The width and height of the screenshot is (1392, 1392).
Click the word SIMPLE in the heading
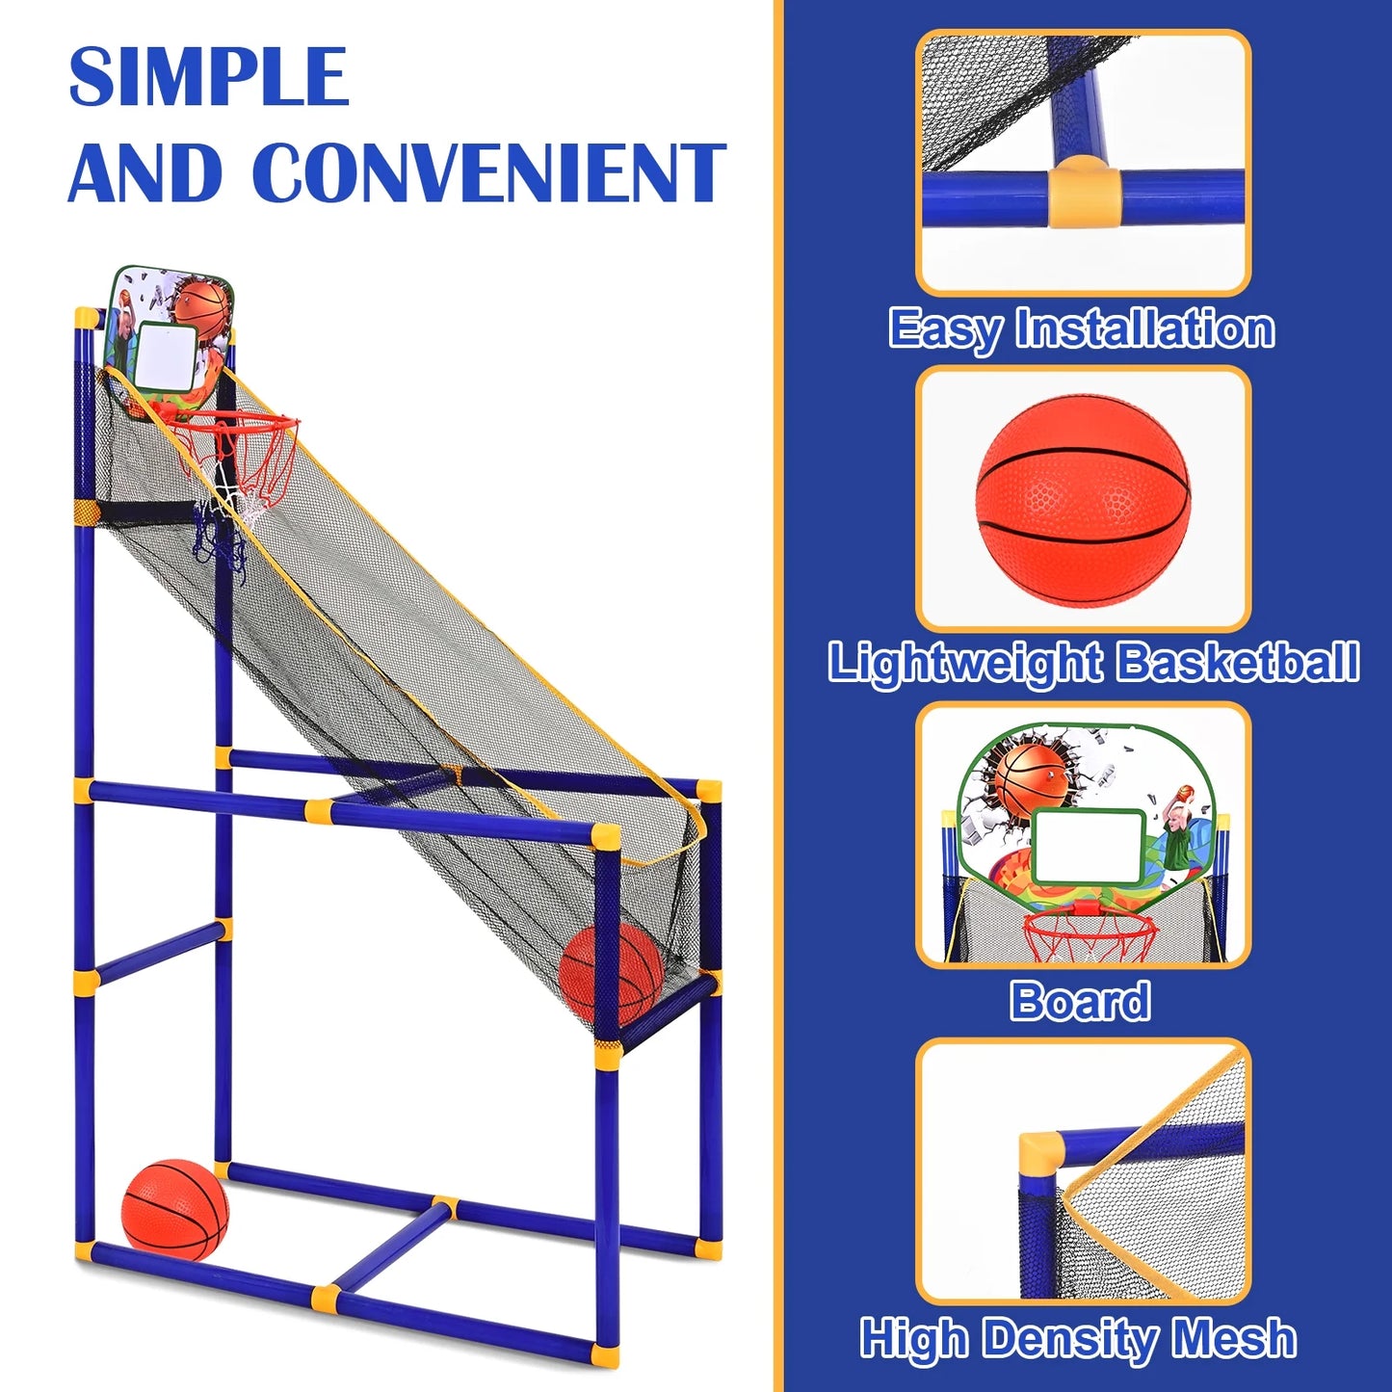pos(208,77)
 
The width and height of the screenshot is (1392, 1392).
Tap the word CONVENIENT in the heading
pos(494,173)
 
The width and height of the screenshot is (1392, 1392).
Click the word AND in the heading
pos(144,173)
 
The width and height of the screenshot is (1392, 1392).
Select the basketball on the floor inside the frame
pos(175,1209)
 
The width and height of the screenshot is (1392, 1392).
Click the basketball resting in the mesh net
pos(611,973)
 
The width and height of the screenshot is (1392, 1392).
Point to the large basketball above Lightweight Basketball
pos(1083,499)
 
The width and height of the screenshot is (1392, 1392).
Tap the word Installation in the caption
pos(1145,328)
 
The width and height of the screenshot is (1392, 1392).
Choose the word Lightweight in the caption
pos(965,663)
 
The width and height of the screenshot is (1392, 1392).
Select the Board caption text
pos(1080,1001)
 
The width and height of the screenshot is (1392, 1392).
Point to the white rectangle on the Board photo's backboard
pos(1089,846)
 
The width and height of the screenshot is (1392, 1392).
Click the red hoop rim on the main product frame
pos(237,421)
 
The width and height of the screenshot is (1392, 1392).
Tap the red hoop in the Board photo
pos(1090,930)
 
